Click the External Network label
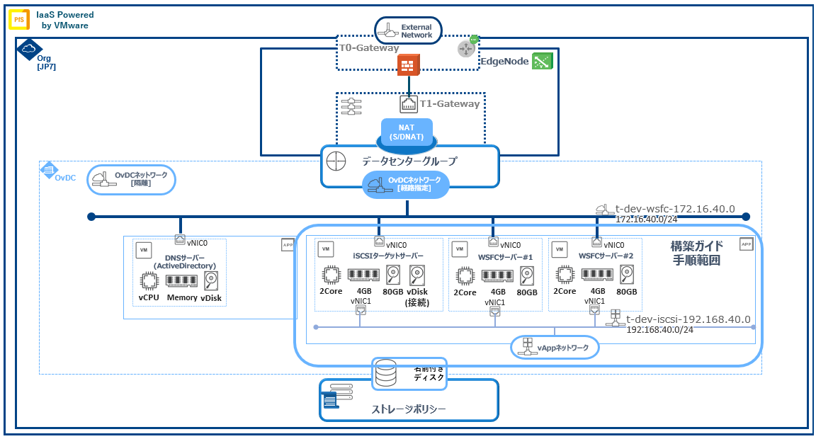416,30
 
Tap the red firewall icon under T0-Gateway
409,65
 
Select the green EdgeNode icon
543,62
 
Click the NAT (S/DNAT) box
407,132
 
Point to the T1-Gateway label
450,104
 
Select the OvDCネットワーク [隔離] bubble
132,180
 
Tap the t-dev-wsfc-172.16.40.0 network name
674,209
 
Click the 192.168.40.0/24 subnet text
658,329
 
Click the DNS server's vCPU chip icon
149,280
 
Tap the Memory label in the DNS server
182,297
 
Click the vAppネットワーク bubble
555,348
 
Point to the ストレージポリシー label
409,409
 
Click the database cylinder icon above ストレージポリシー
386,374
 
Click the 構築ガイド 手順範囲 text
697,253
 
